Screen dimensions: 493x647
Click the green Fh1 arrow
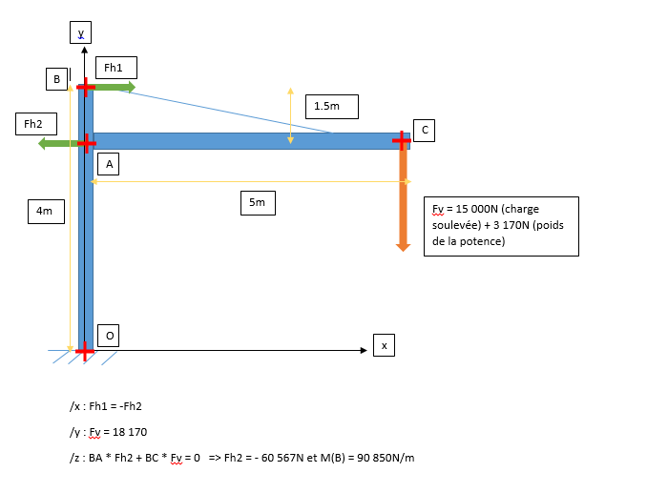[x=115, y=87]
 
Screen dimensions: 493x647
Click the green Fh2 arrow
[x=57, y=143]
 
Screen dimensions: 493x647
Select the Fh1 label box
[x=115, y=68]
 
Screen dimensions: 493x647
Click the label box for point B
[x=56, y=79]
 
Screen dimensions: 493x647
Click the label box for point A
[x=109, y=165]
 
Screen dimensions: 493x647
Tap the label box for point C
[x=424, y=130]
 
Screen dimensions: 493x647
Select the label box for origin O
[x=109, y=335]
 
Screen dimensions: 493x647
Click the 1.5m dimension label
[x=332, y=106]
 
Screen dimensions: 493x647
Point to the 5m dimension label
[x=258, y=201]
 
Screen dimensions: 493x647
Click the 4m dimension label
[x=45, y=211]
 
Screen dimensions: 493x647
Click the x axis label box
[x=384, y=345]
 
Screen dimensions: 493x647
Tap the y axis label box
[x=81, y=33]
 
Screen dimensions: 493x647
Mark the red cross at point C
[x=402, y=141]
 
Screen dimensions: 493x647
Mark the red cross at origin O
[x=85, y=352]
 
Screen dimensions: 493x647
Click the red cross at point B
[x=86, y=87]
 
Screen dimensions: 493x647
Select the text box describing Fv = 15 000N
[x=501, y=225]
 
